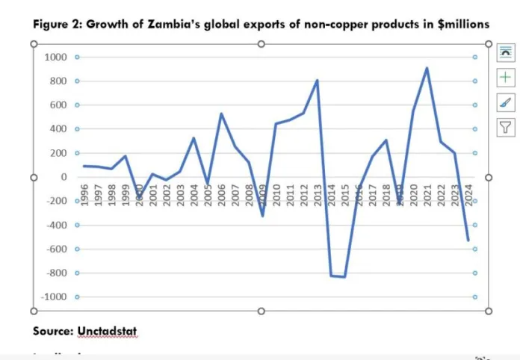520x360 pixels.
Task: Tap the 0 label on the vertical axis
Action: [64, 177]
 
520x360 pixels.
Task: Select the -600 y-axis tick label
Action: [58, 249]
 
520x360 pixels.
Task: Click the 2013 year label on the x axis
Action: [317, 195]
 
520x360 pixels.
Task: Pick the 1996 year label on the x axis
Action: [84, 195]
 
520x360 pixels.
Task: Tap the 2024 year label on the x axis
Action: [468, 195]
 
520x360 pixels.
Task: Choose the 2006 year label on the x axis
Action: [221, 195]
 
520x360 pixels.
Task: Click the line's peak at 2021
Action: [427, 68]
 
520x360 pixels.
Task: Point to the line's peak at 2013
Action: [317, 80]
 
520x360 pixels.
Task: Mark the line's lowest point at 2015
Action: [344, 277]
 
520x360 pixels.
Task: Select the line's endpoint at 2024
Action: [468, 240]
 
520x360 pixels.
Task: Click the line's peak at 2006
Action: [221, 114]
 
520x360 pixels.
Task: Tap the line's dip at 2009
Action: [262, 216]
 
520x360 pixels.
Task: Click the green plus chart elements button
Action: [506, 77]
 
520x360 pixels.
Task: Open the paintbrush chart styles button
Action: [506, 102]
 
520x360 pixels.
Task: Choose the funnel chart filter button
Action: [506, 128]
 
